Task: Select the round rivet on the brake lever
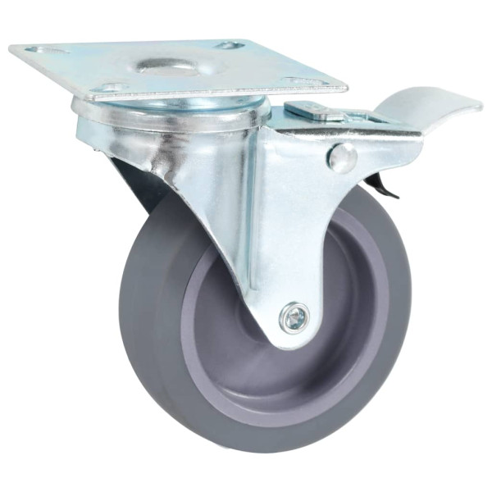[343, 157]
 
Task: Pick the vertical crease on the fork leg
[246, 213]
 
